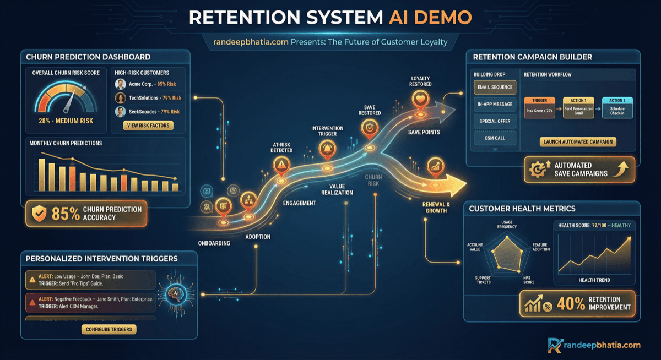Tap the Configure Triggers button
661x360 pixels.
pos(110,329)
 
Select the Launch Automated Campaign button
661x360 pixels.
pos(578,142)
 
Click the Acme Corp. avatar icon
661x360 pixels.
pos(120,84)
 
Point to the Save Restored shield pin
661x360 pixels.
pos(369,128)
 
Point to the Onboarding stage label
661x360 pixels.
pos(214,243)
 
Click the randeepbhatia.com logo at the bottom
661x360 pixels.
pos(594,345)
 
